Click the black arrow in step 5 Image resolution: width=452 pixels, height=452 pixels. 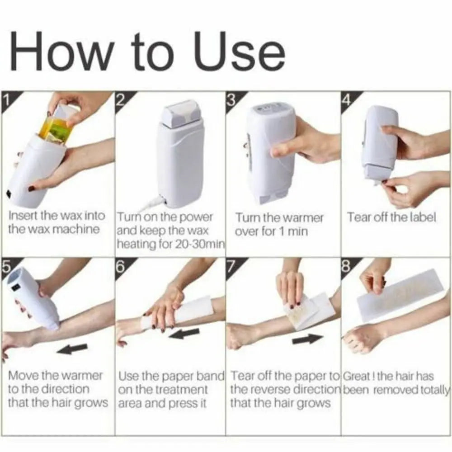pos(73,348)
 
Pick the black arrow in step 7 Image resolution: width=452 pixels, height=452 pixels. pos(309,338)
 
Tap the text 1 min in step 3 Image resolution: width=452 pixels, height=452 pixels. pos(294,231)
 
